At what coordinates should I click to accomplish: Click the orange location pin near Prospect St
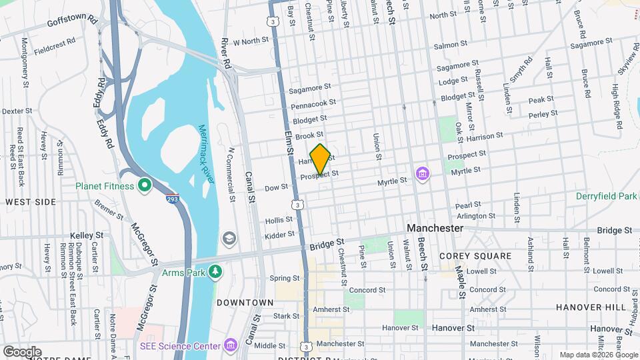click(x=320, y=159)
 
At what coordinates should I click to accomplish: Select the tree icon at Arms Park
click(x=215, y=271)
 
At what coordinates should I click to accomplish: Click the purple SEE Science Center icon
click(x=230, y=345)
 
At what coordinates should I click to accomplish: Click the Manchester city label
click(x=435, y=228)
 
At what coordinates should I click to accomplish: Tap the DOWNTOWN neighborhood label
click(x=245, y=302)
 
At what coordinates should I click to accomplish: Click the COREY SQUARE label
click(x=475, y=256)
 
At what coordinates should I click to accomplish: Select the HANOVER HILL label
click(x=591, y=307)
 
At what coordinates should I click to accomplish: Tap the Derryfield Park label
click(x=607, y=196)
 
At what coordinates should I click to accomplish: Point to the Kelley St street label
click(x=87, y=235)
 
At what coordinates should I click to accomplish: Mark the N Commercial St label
click(x=232, y=174)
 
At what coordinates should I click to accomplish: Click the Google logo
click(x=22, y=351)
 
